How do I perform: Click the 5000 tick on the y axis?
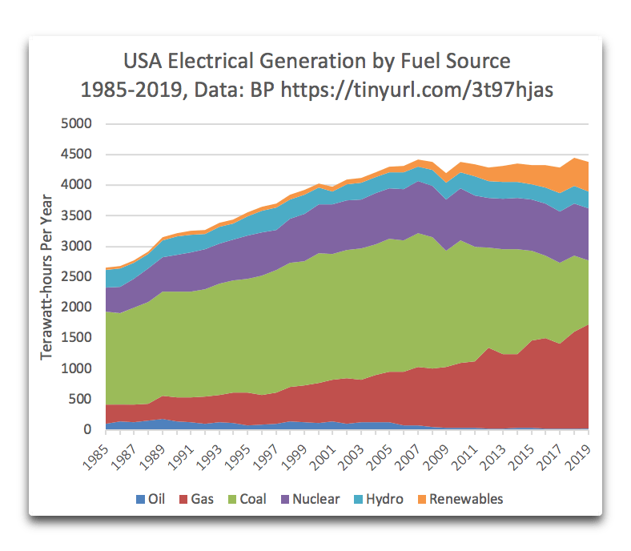(x=78, y=124)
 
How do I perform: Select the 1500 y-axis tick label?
(x=78, y=339)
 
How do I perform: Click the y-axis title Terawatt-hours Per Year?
(x=47, y=277)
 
